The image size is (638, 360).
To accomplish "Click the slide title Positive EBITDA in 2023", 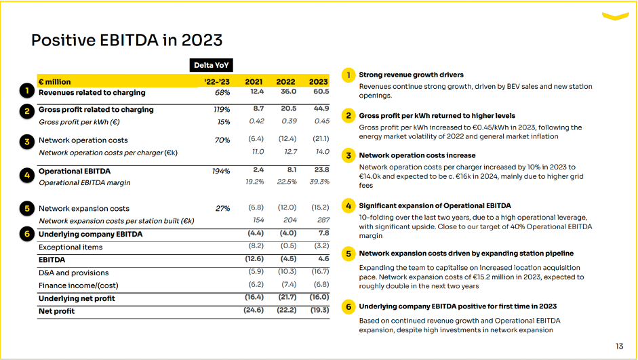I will pos(127,40).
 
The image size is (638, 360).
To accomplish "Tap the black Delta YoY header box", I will pos(212,66).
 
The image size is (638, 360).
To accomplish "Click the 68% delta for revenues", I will pos(222,92).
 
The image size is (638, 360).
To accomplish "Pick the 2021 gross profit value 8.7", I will pos(258,108).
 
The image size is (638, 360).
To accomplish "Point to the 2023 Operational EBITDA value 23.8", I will pos(321,170).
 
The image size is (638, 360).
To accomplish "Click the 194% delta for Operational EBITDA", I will pos(221,171).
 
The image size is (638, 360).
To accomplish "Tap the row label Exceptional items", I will pos(71,247).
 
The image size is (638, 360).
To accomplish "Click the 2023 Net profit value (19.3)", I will pos(319,310).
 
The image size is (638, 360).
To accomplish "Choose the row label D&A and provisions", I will pos(73,273).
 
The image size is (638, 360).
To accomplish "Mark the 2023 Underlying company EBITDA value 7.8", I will pos(323,233).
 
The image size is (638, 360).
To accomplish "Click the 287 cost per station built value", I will pos(322,220).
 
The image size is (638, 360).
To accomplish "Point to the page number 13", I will pos(619,346).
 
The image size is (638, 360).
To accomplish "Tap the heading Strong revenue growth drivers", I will pos(411,75).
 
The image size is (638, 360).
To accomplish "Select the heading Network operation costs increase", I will pos(417,155).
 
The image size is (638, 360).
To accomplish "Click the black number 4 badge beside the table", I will pos(26,175).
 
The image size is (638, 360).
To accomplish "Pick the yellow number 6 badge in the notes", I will pos(348,307).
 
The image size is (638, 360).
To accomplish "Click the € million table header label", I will pos(55,82).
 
